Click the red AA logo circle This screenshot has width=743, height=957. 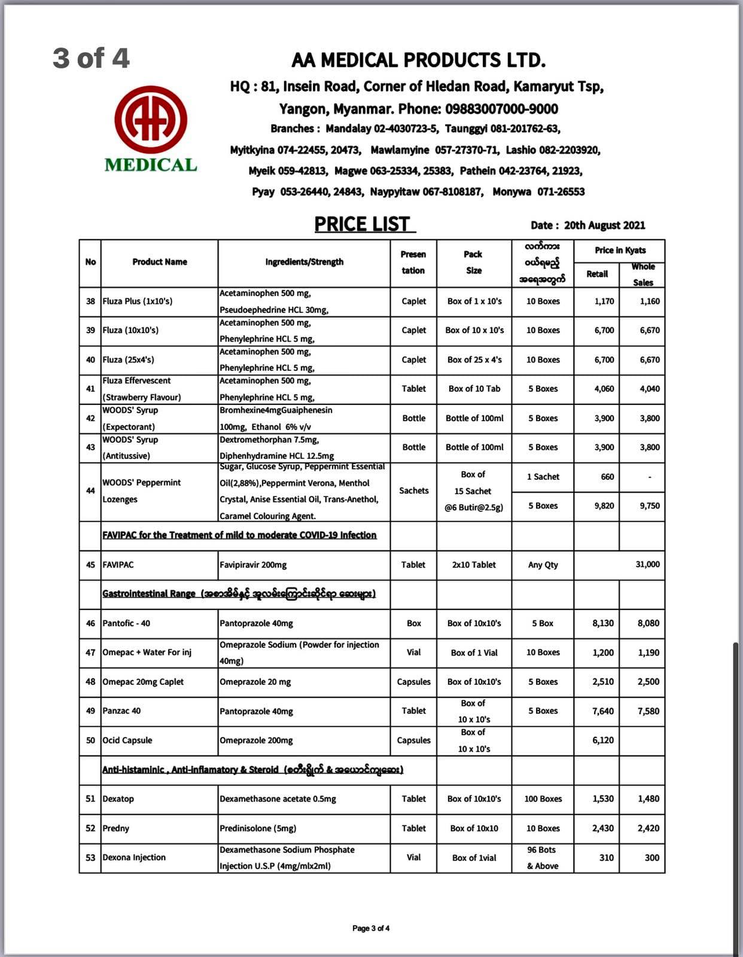pyautogui.click(x=151, y=120)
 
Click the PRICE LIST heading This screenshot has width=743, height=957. pyautogui.click(x=363, y=224)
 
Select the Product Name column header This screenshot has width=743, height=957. pyautogui.click(x=159, y=262)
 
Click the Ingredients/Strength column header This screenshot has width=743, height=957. pyautogui.click(x=304, y=262)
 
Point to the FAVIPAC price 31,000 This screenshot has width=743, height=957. pyautogui.click(x=647, y=565)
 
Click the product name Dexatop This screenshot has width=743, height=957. pyautogui.click(x=118, y=799)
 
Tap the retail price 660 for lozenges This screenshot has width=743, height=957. pyautogui.click(x=607, y=477)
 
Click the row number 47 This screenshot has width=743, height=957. pyautogui.click(x=90, y=653)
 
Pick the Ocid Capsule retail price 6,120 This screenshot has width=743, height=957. pyautogui.click(x=602, y=740)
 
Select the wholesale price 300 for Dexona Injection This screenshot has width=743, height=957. pyautogui.click(x=651, y=858)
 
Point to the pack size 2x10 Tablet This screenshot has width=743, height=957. pyautogui.click(x=474, y=565)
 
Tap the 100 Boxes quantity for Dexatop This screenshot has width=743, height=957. pyautogui.click(x=543, y=799)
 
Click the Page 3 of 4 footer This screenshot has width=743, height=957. pyautogui.click(x=371, y=928)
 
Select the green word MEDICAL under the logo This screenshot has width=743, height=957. pyautogui.click(x=151, y=166)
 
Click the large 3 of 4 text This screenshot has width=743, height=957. pyautogui.click(x=91, y=59)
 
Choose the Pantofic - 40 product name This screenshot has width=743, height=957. pyautogui.click(x=126, y=623)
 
